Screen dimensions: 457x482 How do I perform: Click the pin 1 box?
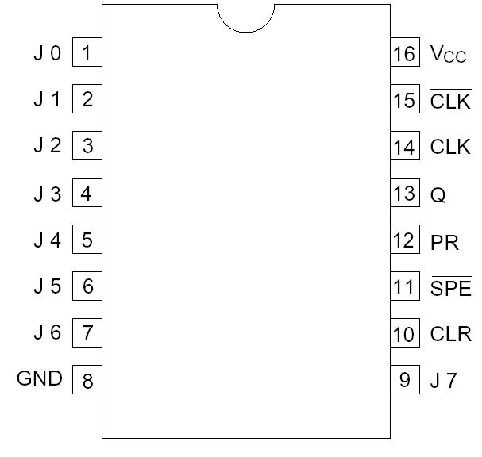point(87,54)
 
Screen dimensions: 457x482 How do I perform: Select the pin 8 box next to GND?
point(87,380)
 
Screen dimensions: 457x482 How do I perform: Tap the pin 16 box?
point(404,54)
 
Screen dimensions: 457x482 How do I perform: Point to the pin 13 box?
point(404,194)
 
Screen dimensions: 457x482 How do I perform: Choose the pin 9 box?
point(404,380)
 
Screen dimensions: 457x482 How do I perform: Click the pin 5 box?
point(87,240)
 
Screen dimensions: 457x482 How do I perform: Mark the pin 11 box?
point(404,287)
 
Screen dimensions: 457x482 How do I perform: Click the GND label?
point(40,379)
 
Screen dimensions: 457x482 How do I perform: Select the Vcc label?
point(448,55)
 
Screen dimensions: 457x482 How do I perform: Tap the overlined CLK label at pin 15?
point(450,102)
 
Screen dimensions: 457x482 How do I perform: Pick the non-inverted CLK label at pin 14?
point(450,148)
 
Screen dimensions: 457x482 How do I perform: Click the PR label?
point(445,241)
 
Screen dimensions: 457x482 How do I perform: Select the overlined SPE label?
point(450,287)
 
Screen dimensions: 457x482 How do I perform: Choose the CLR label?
point(450,334)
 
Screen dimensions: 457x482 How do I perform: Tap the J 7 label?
point(443,380)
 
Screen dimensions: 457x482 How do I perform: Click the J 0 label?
point(47,54)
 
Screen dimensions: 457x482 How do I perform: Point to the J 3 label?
point(47,194)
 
